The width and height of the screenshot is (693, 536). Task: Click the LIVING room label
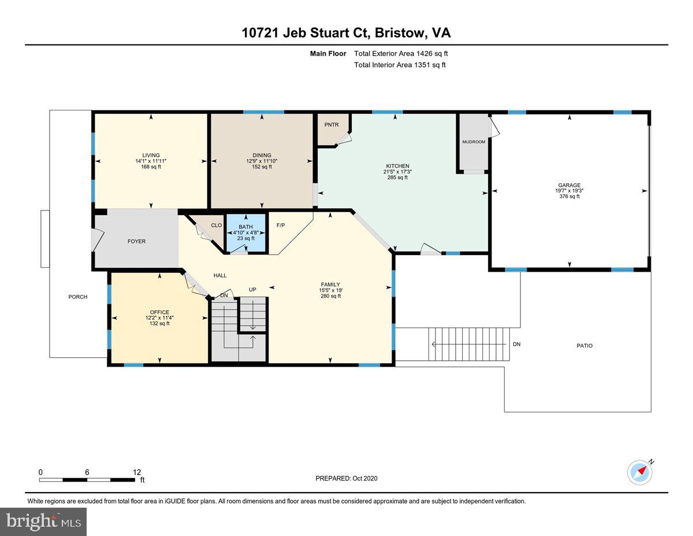click(151, 155)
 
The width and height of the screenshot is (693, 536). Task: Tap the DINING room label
click(262, 155)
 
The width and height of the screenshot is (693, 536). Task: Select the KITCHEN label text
click(397, 166)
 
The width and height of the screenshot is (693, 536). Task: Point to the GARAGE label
click(569, 186)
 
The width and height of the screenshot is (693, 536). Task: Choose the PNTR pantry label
click(331, 124)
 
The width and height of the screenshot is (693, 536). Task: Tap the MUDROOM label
click(474, 142)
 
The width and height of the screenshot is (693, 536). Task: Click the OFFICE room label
click(159, 312)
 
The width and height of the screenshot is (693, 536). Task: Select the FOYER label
click(136, 241)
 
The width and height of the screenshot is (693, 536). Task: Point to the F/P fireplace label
click(281, 226)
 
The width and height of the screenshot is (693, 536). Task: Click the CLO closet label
click(216, 226)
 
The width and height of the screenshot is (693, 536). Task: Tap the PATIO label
click(584, 346)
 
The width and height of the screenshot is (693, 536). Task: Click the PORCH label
click(78, 297)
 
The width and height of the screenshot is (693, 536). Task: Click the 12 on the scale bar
click(136, 472)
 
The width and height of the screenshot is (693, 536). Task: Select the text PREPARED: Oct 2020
click(346, 478)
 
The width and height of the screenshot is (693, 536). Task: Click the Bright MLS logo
click(44, 522)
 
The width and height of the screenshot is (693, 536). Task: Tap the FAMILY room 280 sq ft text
click(330, 296)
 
